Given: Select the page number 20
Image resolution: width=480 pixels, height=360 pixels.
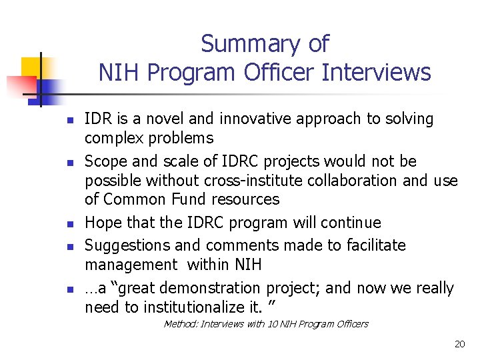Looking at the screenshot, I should [459, 344].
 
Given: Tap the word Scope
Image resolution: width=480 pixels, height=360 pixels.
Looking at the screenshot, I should [105, 161].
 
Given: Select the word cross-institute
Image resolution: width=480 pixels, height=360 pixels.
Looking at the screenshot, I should [243, 181].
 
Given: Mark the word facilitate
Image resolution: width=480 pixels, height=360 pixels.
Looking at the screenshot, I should [376, 245].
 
